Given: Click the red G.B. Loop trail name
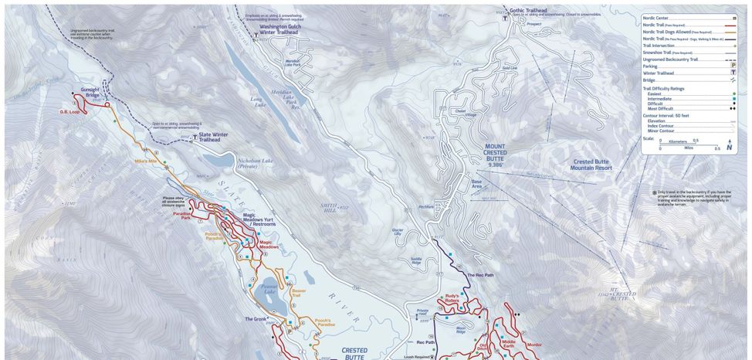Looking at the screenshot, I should tap(69, 111).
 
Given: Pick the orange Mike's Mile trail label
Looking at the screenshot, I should tap(145, 161).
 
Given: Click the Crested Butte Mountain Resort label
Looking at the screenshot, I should tap(601, 164).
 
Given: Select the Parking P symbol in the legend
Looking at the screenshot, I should tap(733, 66).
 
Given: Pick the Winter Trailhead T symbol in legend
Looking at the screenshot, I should tap(733, 73).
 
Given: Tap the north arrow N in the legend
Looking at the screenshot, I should tap(729, 147).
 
